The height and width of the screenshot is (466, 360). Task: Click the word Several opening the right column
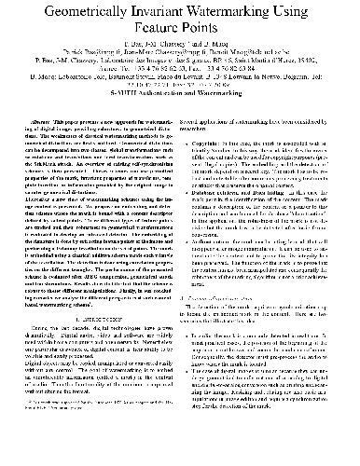pos(199,121)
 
